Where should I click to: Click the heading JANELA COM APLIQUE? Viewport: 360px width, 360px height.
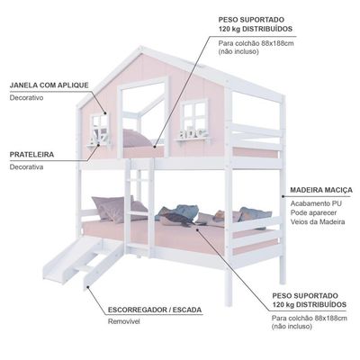[49, 85]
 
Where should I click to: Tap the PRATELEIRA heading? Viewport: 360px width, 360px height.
[31, 155]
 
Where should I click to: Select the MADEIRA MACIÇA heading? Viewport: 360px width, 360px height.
[321, 190]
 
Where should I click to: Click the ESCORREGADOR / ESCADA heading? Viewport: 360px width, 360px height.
[155, 310]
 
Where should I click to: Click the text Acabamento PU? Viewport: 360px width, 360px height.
[316, 203]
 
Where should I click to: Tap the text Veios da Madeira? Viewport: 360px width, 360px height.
[318, 222]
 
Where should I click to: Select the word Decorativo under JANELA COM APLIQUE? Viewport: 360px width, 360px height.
[26, 98]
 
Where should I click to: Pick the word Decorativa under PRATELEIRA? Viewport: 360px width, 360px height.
[26, 167]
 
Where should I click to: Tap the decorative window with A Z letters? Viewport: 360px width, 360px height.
[100, 128]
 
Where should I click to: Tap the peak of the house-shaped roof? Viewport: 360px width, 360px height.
[140, 48]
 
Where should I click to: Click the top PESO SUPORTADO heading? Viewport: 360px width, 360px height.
[251, 20]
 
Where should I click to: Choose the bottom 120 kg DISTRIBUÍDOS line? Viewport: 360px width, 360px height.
[310, 305]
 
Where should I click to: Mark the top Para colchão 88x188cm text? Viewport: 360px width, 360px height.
[256, 43]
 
